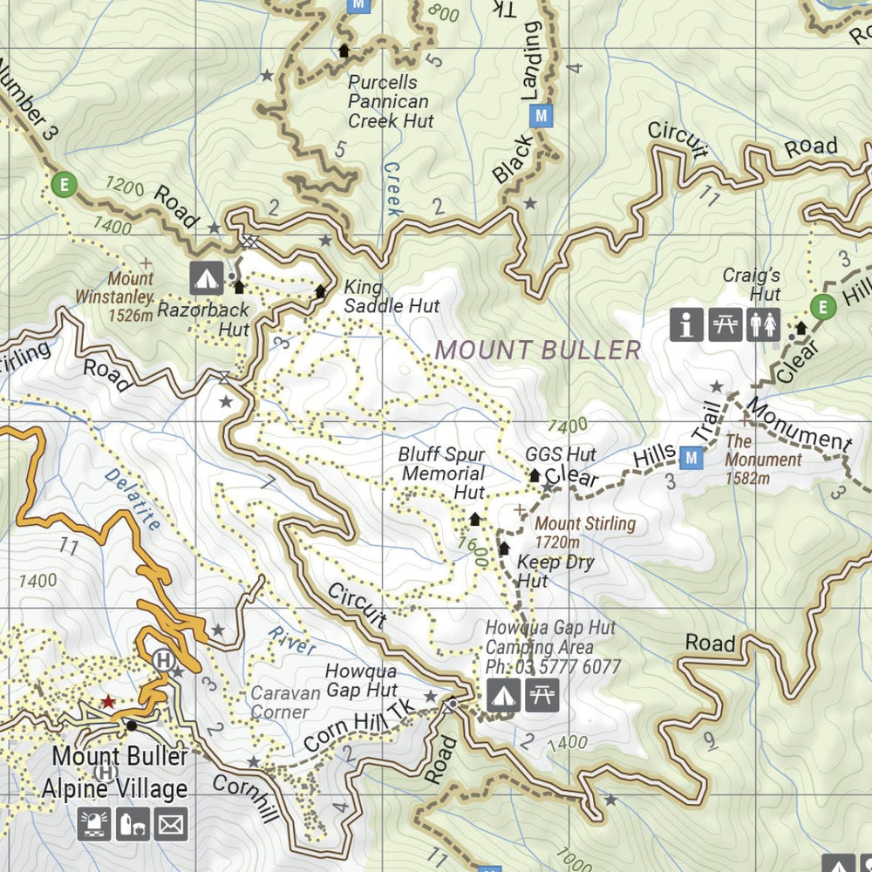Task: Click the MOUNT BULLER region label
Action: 538,351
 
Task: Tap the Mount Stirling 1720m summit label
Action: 584,533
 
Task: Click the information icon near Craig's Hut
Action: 687,324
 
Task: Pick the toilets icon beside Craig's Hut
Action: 764,324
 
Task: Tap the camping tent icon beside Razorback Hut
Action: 207,278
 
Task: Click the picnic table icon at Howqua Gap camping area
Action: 542,695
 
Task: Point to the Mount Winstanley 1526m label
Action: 131,296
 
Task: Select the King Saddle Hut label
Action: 391,296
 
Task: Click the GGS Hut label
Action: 561,454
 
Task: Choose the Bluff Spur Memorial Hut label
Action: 442,473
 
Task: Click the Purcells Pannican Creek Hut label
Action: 389,102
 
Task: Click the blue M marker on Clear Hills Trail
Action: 692,457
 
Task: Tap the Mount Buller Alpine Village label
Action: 115,772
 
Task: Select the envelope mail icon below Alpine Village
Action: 171,823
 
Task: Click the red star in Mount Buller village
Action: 107,701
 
